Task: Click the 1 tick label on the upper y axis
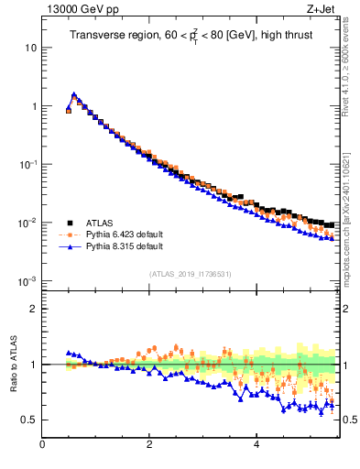tap(34, 106)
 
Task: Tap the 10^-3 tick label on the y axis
tap(27, 281)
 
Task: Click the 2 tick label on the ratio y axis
tap(34, 309)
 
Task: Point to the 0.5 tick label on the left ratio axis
tap(29, 420)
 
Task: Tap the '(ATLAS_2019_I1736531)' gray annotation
tap(191, 273)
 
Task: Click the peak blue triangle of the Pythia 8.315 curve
tap(74, 94)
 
